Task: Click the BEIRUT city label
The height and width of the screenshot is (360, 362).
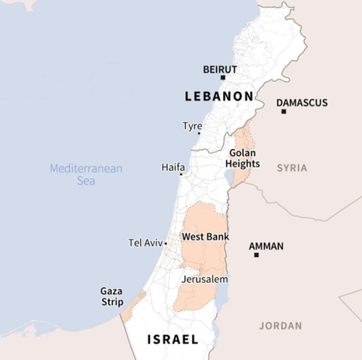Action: pyautogui.click(x=220, y=69)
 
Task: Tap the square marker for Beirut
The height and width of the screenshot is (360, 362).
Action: pyautogui.click(x=223, y=78)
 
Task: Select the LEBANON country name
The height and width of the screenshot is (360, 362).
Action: pyautogui.click(x=219, y=96)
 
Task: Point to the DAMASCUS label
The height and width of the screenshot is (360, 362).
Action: pyautogui.click(x=302, y=103)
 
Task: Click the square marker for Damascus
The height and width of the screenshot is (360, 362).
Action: pyautogui.click(x=284, y=112)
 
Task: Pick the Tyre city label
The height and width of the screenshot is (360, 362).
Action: pyautogui.click(x=192, y=126)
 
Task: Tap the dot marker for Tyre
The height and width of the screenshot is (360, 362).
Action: pyautogui.click(x=199, y=133)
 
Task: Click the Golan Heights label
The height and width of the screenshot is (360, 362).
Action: pyautogui.click(x=243, y=158)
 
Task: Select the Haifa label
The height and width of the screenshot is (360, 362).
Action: pyautogui.click(x=173, y=167)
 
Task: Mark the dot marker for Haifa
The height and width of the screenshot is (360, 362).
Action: pyautogui.click(x=181, y=174)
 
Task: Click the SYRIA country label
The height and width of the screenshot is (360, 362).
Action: pyautogui.click(x=292, y=168)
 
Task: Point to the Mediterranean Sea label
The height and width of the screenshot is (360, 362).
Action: pyautogui.click(x=86, y=175)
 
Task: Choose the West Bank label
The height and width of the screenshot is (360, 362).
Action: pyautogui.click(x=198, y=236)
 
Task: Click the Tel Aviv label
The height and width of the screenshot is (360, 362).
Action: pyautogui.click(x=145, y=243)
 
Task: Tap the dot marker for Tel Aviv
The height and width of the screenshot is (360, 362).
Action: pyautogui.click(x=166, y=243)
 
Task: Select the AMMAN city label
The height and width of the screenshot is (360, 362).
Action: pyautogui.click(x=266, y=247)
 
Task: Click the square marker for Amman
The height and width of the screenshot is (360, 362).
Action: pyautogui.click(x=256, y=255)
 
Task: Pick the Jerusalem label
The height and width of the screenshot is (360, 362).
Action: pyautogui.click(x=205, y=279)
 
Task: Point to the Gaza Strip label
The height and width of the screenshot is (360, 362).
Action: pyautogui.click(x=112, y=297)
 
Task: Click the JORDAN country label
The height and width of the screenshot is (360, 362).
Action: pyautogui.click(x=281, y=326)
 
